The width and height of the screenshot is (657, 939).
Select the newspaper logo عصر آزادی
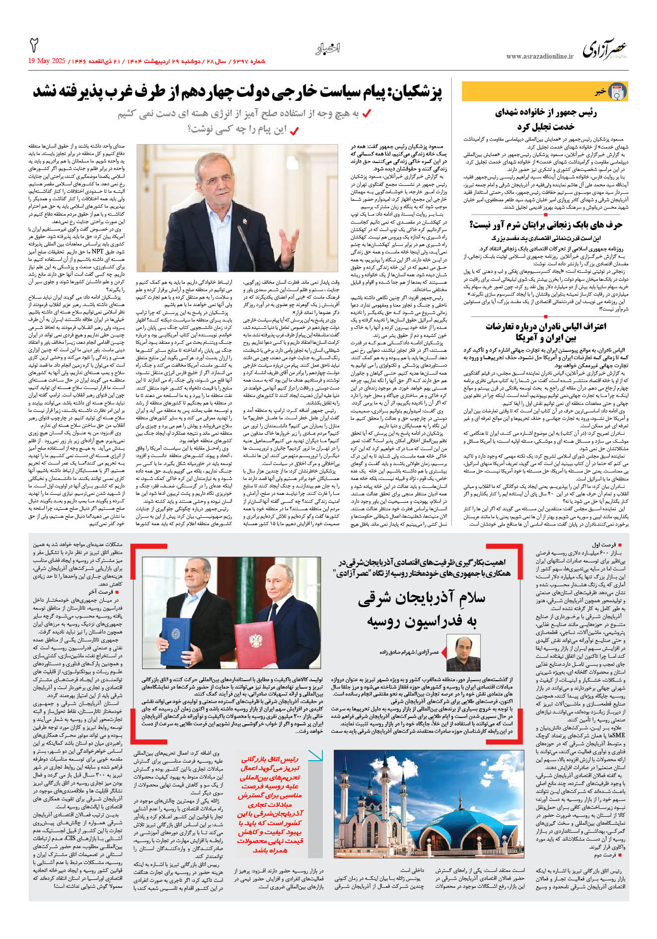tap(604, 50)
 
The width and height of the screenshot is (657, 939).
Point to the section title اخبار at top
tap(328, 49)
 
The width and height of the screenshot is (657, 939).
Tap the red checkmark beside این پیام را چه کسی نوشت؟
tap(294, 131)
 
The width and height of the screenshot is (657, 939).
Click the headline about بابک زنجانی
tap(546, 225)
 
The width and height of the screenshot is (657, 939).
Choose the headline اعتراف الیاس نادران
tap(546, 332)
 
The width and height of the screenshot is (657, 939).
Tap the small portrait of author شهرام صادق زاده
tap(456, 652)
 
